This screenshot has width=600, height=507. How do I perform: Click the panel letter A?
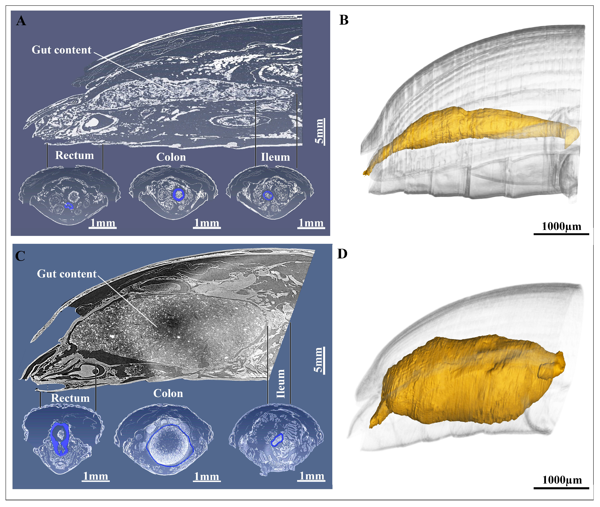pos(21,21)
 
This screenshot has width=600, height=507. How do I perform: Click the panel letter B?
pos(344,20)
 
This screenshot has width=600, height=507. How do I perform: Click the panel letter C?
pos(20,256)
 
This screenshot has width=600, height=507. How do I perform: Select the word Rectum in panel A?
pos(74,155)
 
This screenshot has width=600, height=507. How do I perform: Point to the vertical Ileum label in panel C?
pos(281,384)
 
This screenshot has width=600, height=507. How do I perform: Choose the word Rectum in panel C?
pos(70,398)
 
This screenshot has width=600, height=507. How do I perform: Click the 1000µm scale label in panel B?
pos(561,226)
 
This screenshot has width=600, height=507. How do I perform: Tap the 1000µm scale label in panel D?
pos(562,480)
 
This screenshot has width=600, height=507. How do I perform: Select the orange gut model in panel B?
pos(472,127)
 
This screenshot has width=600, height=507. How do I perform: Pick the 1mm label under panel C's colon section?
pos(206,477)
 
